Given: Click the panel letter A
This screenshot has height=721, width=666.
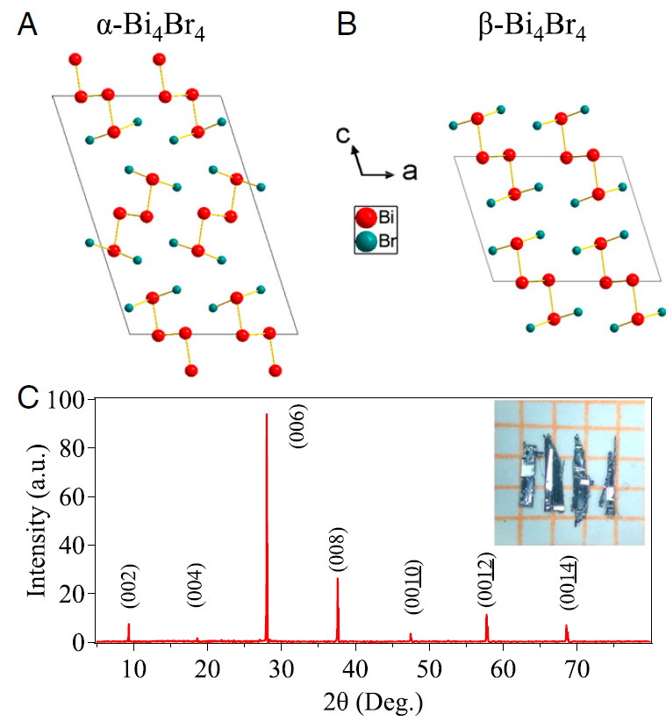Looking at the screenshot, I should pos(27,25).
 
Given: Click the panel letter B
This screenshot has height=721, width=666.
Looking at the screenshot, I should pos(347,25).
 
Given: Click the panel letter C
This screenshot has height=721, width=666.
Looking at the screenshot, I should pos(29,397).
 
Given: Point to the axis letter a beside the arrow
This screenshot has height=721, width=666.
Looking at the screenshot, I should pos(409,170).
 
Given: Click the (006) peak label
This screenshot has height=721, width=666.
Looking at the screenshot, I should pos(298,426).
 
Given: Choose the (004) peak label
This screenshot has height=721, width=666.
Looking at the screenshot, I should pos(197,583).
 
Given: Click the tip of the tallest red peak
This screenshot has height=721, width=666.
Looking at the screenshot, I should pos(267,414).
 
